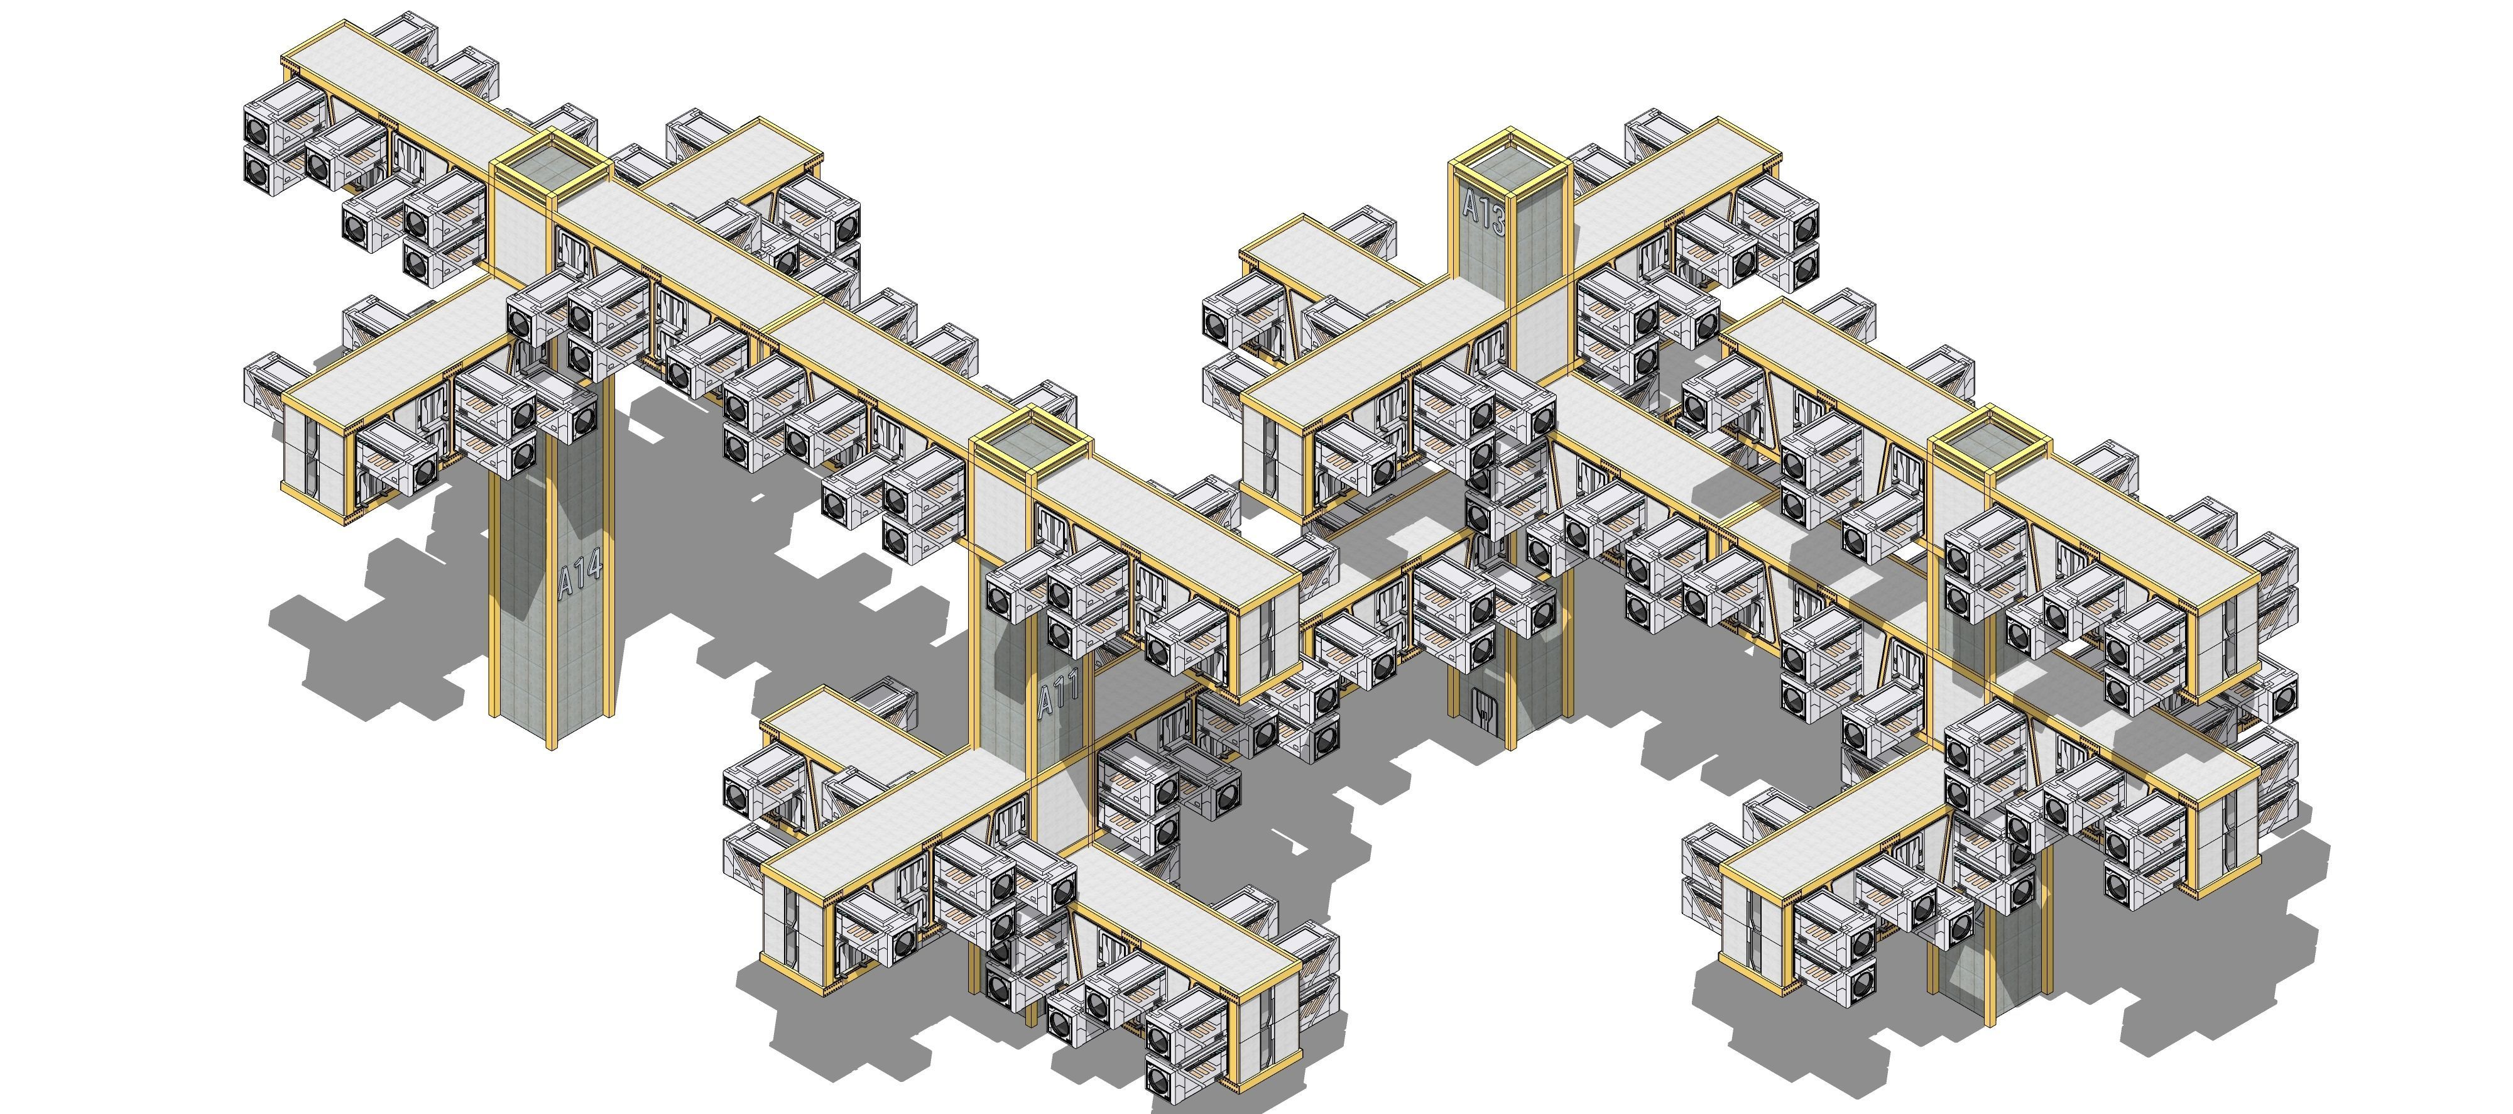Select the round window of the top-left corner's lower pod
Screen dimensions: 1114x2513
(258, 173)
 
